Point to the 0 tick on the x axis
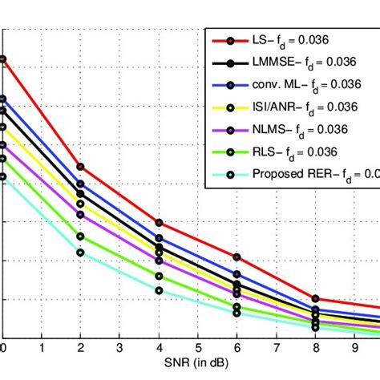click(2, 349)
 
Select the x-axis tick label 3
click(119, 349)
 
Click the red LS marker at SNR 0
click(2, 59)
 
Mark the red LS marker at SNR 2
click(80, 167)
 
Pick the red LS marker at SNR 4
click(159, 222)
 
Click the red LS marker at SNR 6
click(237, 257)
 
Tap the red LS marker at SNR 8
click(315, 298)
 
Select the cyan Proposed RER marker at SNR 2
click(80, 253)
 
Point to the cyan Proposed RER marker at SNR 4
click(159, 290)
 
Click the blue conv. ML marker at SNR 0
click(2, 99)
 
